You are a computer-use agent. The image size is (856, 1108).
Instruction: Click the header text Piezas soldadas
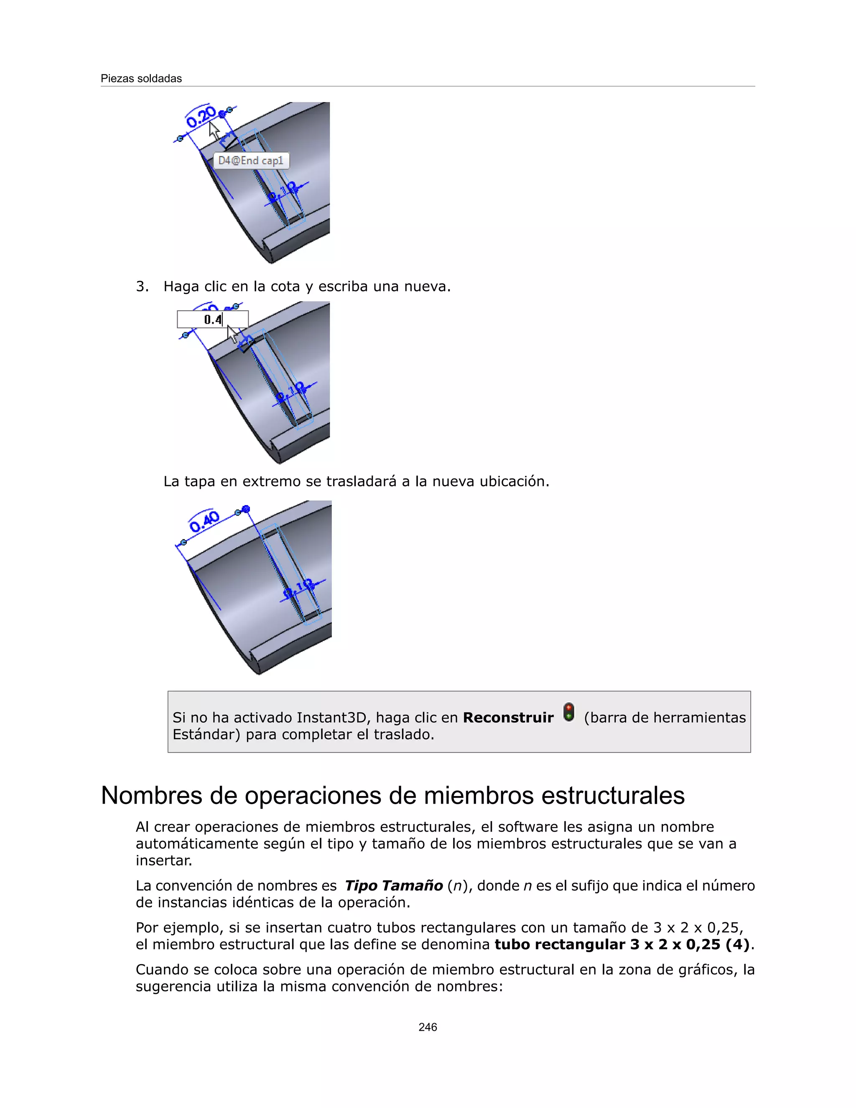[x=141, y=79]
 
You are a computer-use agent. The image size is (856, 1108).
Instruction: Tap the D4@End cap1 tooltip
[x=250, y=161]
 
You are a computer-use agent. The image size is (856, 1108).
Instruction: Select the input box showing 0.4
[x=212, y=319]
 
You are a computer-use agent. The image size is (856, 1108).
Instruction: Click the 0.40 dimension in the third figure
[x=204, y=521]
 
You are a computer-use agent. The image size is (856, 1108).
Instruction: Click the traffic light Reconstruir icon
[x=569, y=712]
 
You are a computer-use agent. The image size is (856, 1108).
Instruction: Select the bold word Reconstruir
[x=508, y=718]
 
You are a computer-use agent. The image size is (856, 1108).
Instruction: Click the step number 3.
[x=142, y=287]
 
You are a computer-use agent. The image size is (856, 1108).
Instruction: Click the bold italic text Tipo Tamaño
[x=393, y=886]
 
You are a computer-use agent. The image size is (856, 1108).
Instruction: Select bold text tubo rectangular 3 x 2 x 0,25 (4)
[x=622, y=945]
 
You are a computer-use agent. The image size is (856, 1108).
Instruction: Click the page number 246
[x=428, y=1027]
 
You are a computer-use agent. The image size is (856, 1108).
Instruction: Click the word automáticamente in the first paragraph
[x=195, y=844]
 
